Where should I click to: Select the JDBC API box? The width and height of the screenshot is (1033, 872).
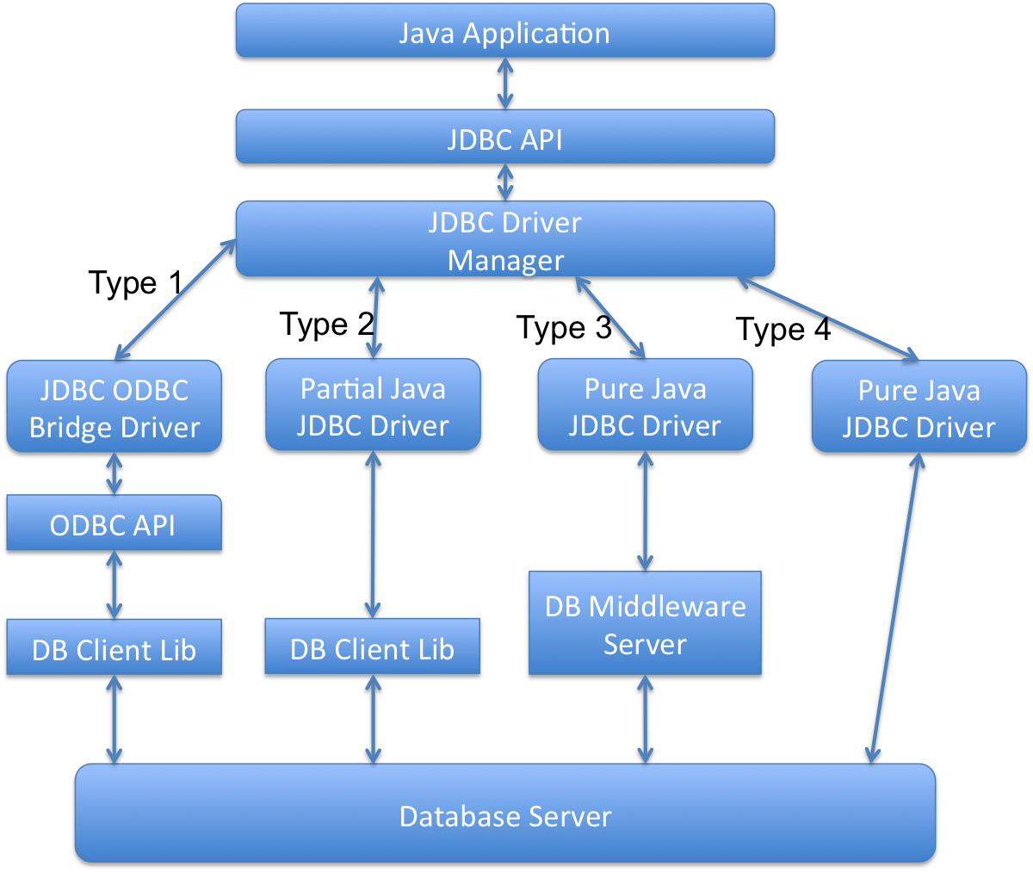click(x=505, y=137)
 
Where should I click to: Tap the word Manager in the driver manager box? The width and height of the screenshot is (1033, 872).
click(x=505, y=260)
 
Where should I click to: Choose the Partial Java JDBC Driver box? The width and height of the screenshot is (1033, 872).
click(x=373, y=405)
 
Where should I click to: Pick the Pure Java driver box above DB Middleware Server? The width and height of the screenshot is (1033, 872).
click(x=645, y=405)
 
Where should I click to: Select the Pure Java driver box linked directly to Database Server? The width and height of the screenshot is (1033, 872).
click(x=919, y=406)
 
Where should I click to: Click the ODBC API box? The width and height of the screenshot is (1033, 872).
click(x=114, y=523)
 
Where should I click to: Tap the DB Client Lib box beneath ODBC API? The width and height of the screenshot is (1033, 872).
click(x=114, y=647)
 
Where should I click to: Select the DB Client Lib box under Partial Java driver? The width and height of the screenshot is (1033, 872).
click(x=372, y=646)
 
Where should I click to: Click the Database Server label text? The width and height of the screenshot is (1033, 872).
click(x=505, y=815)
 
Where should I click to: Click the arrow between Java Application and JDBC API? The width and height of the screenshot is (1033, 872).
click(x=505, y=83)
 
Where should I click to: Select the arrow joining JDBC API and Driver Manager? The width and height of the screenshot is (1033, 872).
click(x=505, y=182)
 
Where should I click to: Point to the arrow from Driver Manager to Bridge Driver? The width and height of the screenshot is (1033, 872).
click(x=176, y=299)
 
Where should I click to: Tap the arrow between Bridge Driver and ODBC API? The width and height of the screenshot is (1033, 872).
click(x=114, y=473)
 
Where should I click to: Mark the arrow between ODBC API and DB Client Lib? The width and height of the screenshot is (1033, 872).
click(x=114, y=584)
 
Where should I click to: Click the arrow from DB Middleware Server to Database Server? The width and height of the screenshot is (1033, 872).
click(x=645, y=719)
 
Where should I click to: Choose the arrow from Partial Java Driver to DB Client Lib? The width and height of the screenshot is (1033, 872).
click(x=373, y=534)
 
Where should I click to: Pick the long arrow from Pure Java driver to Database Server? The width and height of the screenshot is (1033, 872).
click(x=895, y=608)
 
